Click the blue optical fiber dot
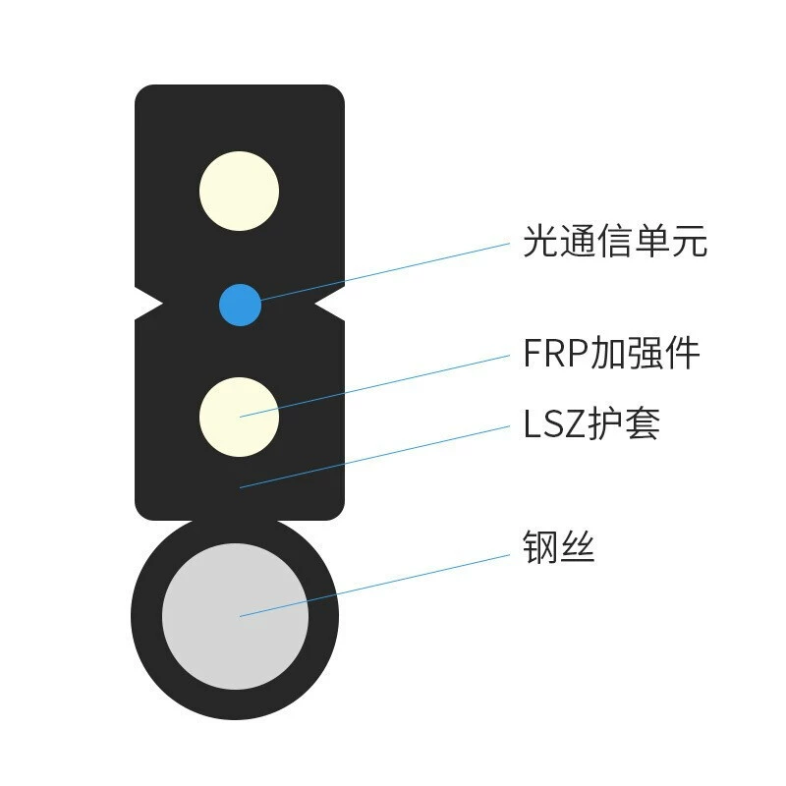(240, 305)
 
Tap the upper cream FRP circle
(239, 191)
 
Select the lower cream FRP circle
(239, 417)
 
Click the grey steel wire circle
(235, 616)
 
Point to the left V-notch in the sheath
(149, 304)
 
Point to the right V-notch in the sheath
(329, 304)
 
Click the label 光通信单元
(615, 241)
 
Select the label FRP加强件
(611, 353)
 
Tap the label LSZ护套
(591, 423)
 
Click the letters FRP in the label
(555, 353)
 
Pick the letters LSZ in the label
(555, 424)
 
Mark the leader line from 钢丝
(374, 586)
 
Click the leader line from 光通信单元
(384, 272)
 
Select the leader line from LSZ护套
(374, 457)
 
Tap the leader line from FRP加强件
(374, 386)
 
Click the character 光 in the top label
(541, 241)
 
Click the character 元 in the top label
(690, 242)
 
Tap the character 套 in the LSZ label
(643, 423)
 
